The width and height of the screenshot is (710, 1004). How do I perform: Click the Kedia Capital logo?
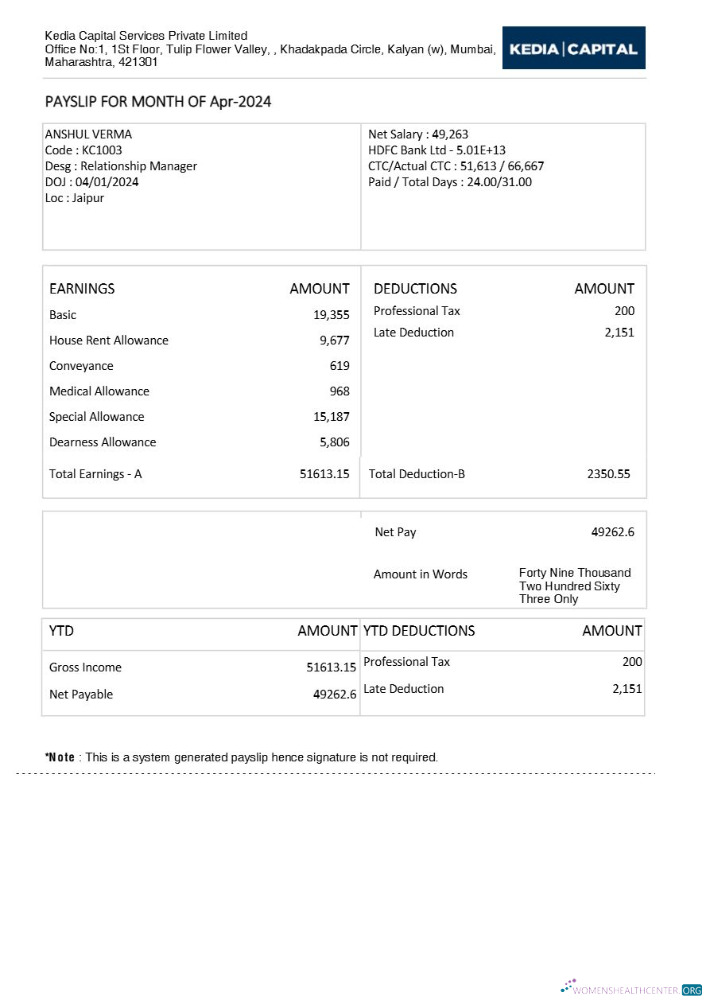pos(573,49)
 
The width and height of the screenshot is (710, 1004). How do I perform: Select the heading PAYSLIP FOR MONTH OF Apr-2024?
pos(158,102)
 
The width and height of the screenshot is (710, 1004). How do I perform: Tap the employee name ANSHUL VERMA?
pos(88,134)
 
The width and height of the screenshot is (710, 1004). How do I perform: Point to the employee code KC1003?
pos(102,150)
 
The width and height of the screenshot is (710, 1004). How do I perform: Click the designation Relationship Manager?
pos(138,166)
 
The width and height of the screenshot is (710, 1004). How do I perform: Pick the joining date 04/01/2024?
pos(107,182)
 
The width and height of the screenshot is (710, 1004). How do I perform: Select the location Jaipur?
pos(87,198)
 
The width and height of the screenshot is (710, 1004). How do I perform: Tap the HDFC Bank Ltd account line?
pos(436,150)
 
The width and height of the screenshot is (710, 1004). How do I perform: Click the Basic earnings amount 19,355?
pos(331,315)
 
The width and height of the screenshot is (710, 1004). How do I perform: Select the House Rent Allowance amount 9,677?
pos(334,341)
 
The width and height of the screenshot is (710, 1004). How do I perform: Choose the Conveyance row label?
pos(81,366)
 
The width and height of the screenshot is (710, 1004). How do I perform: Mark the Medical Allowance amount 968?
pos(339,391)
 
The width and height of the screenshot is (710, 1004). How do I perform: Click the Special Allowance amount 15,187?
pos(331,417)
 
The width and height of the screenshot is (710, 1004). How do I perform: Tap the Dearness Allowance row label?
pos(103,442)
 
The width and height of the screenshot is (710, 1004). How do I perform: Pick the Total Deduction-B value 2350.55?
pos(608,474)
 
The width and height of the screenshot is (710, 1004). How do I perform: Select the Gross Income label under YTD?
pos(85,667)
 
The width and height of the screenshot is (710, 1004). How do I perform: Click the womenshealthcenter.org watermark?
pos(631,990)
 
